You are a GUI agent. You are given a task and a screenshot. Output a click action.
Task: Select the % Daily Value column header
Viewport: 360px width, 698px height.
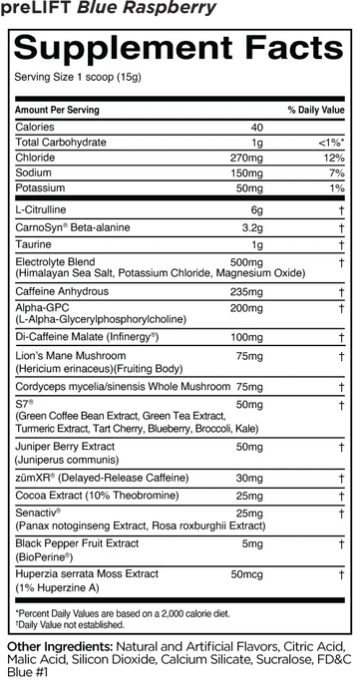coord(316,109)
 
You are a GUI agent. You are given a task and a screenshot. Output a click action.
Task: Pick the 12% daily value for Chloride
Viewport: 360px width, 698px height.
coord(335,158)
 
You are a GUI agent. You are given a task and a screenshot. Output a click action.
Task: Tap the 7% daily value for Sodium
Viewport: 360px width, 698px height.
coord(337,173)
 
